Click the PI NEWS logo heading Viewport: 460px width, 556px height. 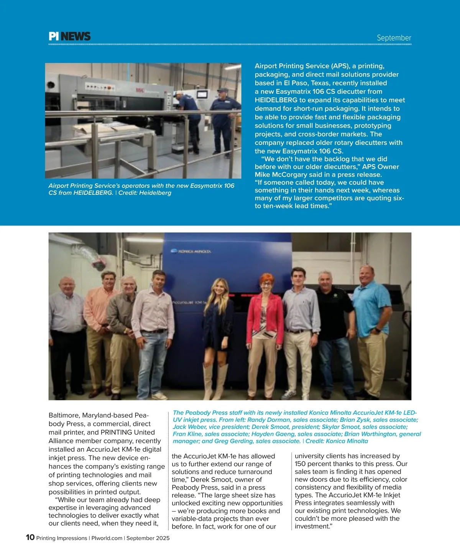[x=69, y=36]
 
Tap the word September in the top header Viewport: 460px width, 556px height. [x=394, y=38]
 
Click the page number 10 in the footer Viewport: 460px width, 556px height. [x=30, y=537]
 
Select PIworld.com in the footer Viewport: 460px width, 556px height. [x=107, y=538]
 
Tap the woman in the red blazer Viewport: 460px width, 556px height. [x=265, y=322]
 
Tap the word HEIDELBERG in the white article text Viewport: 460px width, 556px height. [x=276, y=100]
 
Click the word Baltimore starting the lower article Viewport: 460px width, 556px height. [x=64, y=415]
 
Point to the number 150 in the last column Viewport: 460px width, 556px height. [x=301, y=464]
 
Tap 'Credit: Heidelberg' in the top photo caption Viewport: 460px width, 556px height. [x=145, y=192]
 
